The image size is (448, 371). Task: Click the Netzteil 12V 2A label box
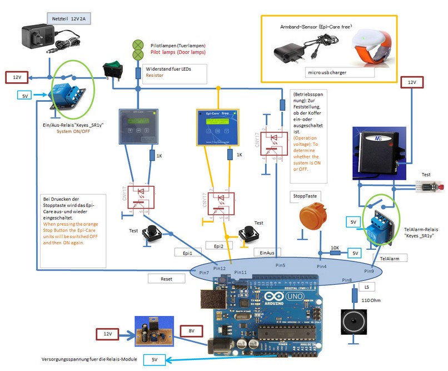pos(69,19)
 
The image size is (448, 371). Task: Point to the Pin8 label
pos(347,280)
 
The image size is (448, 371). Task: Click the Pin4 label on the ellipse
pos(322,267)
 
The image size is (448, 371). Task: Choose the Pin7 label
pos(203,273)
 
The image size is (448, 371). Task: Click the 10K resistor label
pos(335,246)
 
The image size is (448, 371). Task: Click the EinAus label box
pos(268,253)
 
